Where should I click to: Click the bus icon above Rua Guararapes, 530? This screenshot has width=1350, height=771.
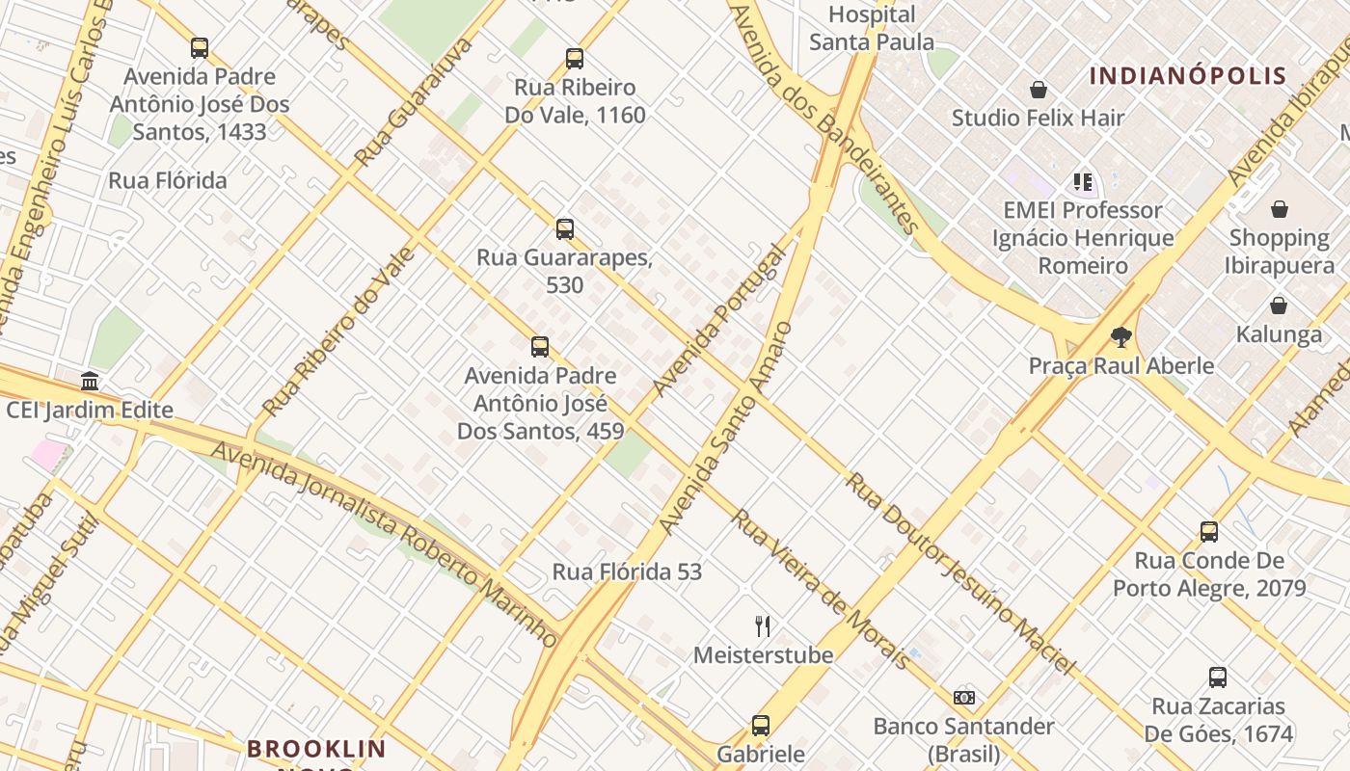click(565, 229)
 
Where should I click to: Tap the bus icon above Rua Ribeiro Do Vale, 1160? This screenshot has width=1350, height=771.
click(575, 59)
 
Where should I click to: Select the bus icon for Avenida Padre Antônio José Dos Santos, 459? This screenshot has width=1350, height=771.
click(540, 347)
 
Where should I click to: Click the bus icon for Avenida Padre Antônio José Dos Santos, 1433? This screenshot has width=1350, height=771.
click(200, 48)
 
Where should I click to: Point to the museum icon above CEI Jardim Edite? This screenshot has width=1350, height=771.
click(90, 382)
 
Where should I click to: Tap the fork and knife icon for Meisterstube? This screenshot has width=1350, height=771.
click(763, 626)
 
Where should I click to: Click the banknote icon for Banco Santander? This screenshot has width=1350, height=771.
click(963, 698)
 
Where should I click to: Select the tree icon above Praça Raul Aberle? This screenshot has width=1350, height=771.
click(1120, 337)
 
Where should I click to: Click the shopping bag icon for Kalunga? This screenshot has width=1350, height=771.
click(1279, 306)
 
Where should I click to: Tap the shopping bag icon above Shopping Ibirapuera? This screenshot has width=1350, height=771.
click(1280, 209)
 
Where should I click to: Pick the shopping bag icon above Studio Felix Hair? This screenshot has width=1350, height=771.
click(1039, 90)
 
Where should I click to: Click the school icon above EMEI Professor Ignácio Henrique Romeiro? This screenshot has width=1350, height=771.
click(1083, 181)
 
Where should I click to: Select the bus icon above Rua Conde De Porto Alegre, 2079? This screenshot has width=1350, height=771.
click(1209, 532)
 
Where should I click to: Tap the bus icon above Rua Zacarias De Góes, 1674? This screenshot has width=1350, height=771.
click(1218, 678)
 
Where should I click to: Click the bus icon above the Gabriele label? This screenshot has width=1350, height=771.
click(761, 726)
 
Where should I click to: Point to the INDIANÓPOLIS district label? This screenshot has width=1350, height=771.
click(1188, 76)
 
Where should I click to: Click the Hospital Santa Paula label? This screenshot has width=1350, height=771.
click(872, 28)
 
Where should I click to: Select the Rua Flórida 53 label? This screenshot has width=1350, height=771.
click(627, 572)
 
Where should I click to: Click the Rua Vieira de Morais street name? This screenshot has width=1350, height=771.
click(820, 589)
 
